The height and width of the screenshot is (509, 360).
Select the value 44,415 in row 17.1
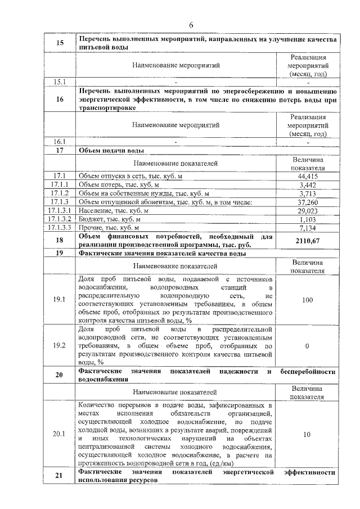307,176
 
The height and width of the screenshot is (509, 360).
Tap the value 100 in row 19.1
307,300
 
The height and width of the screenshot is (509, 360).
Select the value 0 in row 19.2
307,346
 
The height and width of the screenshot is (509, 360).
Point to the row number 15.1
60,82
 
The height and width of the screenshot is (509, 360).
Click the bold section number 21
60,477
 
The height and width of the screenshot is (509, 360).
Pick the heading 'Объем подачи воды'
111,151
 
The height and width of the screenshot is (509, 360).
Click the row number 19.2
60,346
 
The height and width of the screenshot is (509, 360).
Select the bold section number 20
60,375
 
